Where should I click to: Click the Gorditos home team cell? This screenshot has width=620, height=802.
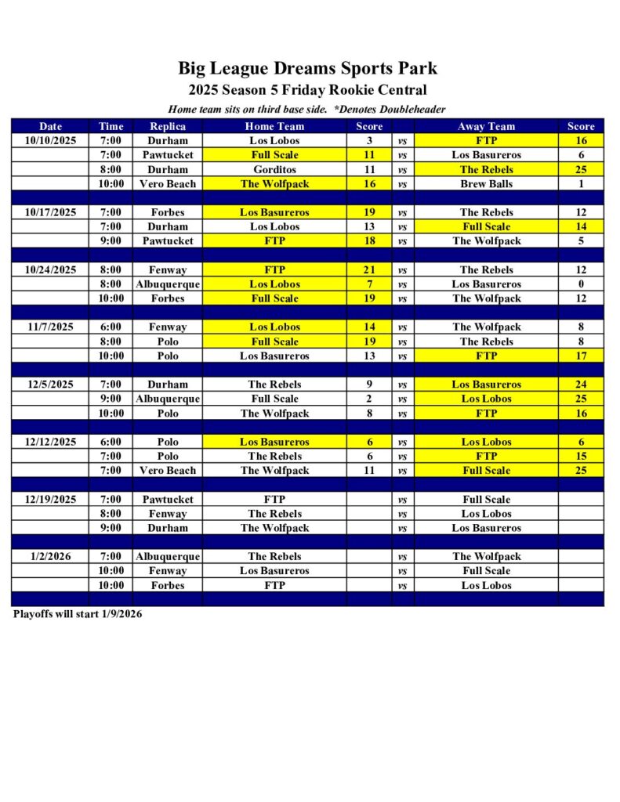tap(274, 169)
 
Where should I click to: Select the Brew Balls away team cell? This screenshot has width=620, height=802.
tap(486, 184)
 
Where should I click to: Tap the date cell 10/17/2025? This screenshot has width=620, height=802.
tap(50, 212)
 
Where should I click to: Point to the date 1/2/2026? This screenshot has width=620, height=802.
tap(50, 556)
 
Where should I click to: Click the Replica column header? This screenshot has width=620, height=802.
tap(167, 126)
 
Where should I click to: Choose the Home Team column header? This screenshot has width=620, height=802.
tap(274, 126)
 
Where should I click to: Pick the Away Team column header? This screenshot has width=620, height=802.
tap(486, 126)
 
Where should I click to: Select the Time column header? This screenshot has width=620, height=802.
tap(111, 126)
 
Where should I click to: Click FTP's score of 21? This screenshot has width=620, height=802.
tap(369, 269)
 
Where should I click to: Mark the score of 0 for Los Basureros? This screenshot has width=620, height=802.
tap(581, 284)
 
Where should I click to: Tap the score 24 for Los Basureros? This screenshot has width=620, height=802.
tap(581, 385)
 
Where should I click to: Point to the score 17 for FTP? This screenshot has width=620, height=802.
tap(581, 356)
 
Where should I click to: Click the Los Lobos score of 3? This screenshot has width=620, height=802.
tap(369, 141)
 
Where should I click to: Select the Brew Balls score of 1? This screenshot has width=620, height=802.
tap(581, 184)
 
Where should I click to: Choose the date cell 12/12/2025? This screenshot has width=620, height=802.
tap(50, 442)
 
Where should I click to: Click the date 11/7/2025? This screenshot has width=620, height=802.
tap(50, 327)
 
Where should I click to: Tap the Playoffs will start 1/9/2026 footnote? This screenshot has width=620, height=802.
tap(78, 614)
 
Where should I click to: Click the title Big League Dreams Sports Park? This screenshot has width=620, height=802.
tap(307, 68)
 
